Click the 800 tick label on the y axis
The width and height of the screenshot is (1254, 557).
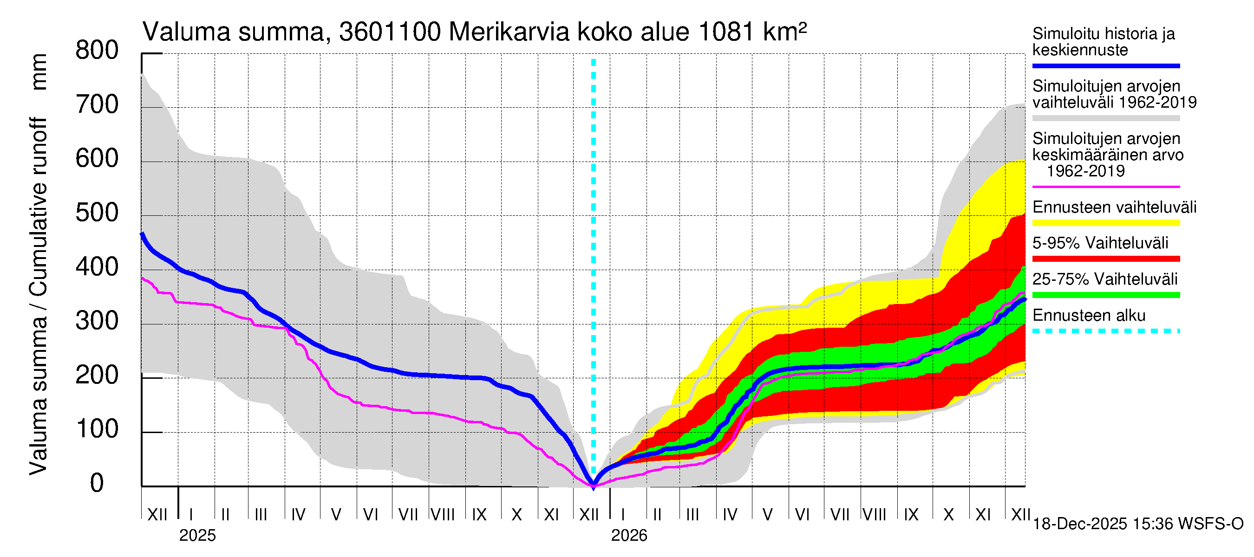pyautogui.click(x=97, y=51)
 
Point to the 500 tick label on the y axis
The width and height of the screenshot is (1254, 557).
pyautogui.click(x=97, y=213)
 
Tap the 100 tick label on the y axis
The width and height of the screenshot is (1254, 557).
pyautogui.click(x=97, y=429)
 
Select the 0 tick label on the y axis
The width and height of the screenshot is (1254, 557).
pyautogui.click(x=97, y=484)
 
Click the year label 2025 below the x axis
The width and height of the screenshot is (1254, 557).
pyautogui.click(x=197, y=536)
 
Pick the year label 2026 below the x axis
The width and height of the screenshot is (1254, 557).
pyautogui.click(x=629, y=536)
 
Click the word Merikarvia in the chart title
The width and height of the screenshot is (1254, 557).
pyautogui.click(x=509, y=32)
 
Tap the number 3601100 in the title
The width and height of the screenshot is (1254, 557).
pyautogui.click(x=390, y=32)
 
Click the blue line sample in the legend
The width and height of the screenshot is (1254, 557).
pyautogui.click(x=1105, y=65)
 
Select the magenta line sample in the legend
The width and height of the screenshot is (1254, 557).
pyautogui.click(x=1105, y=187)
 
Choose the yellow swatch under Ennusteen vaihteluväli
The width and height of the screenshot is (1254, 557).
pyautogui.click(x=1105, y=223)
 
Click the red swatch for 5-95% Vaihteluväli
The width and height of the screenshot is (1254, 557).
pyautogui.click(x=1105, y=259)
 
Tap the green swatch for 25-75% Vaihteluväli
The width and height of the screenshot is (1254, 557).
pyautogui.click(x=1105, y=295)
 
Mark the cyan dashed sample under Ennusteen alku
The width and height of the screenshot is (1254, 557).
pyautogui.click(x=1105, y=331)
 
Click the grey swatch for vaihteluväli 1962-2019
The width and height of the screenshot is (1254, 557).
pyautogui.click(x=1105, y=118)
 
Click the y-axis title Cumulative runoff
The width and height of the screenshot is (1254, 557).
pyautogui.click(x=38, y=207)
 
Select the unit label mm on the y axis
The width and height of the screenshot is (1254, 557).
pyautogui.click(x=39, y=72)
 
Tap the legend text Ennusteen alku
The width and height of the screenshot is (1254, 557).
pyautogui.click(x=1089, y=316)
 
